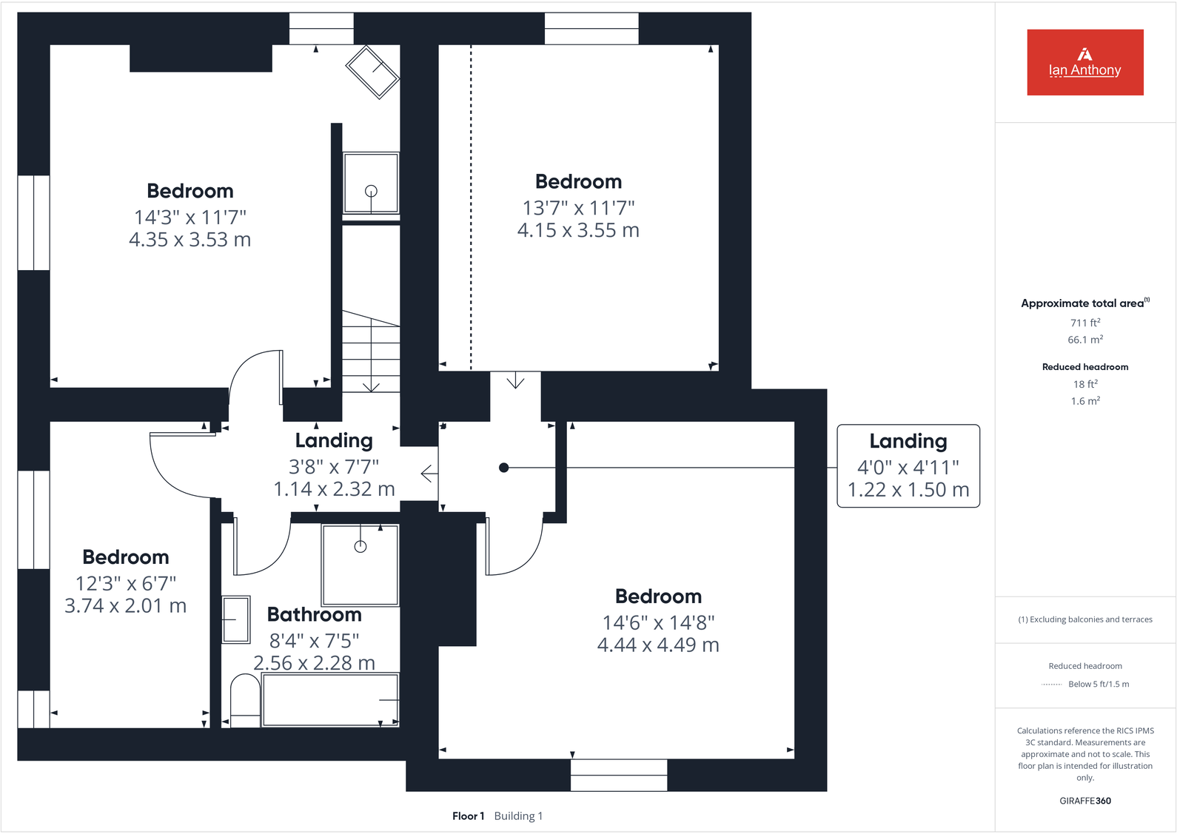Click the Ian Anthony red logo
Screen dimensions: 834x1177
[x=1084, y=62]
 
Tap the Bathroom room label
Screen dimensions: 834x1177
[x=314, y=615]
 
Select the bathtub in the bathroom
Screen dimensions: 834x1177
[x=330, y=699]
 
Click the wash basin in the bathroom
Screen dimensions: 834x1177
[x=236, y=619]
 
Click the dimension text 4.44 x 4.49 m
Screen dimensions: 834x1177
[x=658, y=645]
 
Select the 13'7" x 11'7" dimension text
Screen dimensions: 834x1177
[x=578, y=208]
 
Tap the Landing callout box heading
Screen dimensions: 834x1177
[x=908, y=441]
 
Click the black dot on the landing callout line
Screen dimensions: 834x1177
[x=503, y=468]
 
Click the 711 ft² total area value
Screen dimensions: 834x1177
[x=1084, y=323]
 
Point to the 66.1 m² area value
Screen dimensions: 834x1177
[x=1084, y=340]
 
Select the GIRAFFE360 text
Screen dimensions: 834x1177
[x=1084, y=801]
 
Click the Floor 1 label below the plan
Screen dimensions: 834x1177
[x=468, y=816]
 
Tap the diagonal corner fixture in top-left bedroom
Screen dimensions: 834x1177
[x=373, y=72]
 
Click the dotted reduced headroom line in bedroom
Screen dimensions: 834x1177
[x=471, y=207]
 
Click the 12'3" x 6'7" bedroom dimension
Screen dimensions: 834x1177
[x=126, y=584]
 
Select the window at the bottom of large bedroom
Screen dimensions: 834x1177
[x=619, y=775]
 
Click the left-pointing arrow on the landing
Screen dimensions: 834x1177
[x=429, y=474]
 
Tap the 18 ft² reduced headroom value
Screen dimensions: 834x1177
[x=1084, y=384]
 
